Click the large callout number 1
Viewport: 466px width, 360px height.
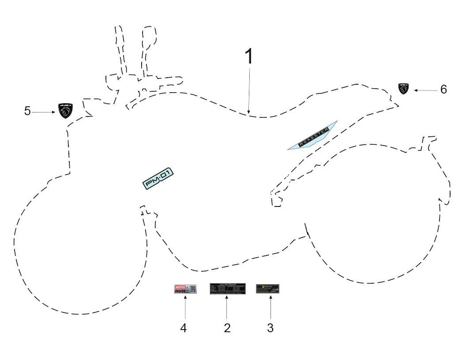point(249,57)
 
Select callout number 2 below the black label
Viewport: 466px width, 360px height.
point(227,328)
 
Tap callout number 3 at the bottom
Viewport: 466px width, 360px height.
point(271,328)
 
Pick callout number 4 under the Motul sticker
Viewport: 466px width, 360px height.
point(184,328)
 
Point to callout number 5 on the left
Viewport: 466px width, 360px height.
point(27,111)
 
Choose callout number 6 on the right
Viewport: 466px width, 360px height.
point(443,90)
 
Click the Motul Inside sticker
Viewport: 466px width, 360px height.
point(185,289)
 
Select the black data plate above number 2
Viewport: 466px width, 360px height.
point(227,289)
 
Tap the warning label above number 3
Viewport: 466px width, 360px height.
point(268,289)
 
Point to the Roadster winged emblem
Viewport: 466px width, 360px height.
point(312,136)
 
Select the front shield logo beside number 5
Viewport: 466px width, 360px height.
point(65,110)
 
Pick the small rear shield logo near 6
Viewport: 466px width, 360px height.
point(403,89)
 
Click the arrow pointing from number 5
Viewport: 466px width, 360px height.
point(44,112)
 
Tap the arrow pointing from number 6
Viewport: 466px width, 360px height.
point(425,90)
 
